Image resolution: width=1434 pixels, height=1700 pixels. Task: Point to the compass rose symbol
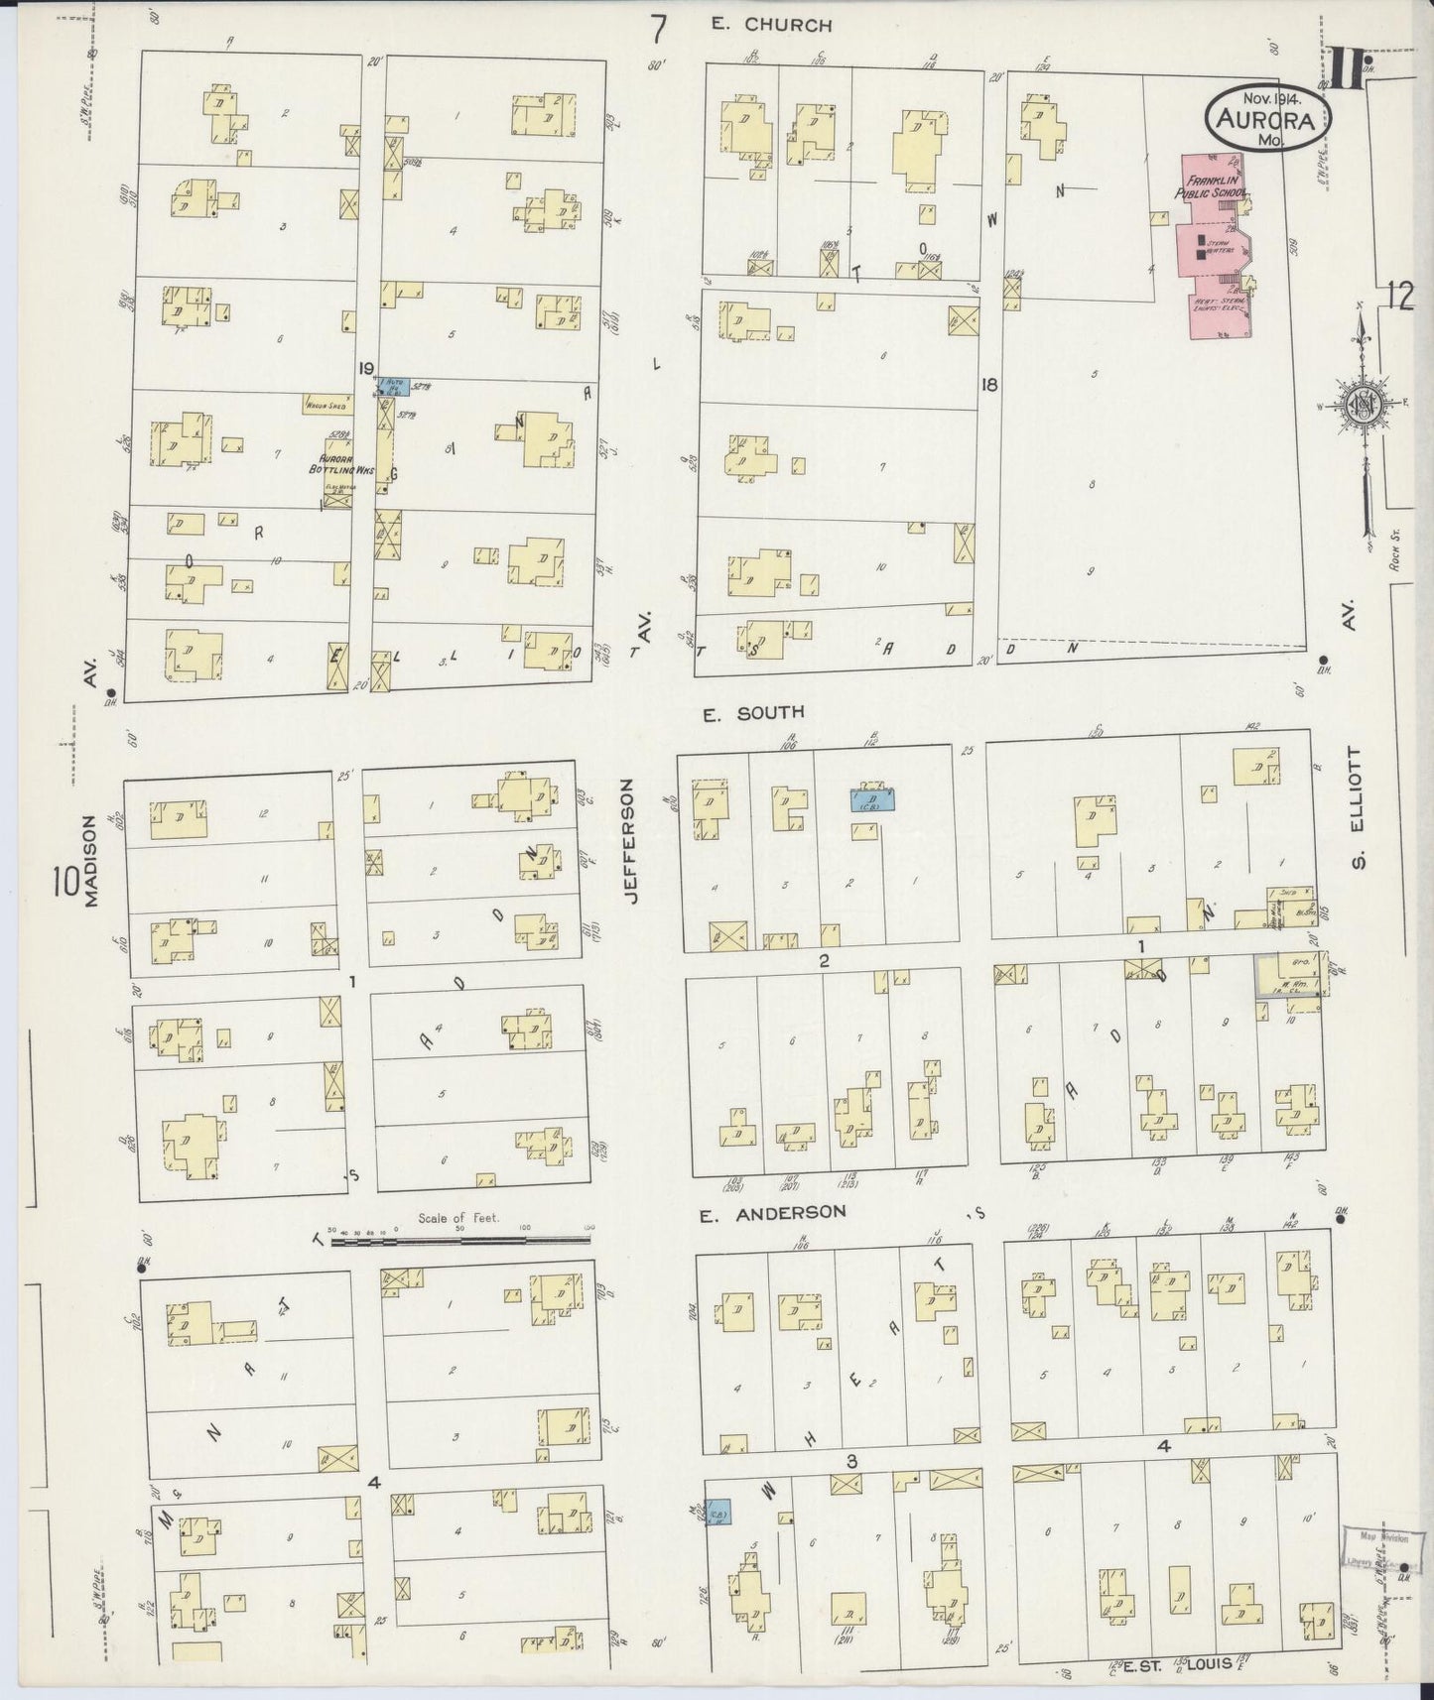(x=1362, y=405)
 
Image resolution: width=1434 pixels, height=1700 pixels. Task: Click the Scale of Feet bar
(x=461, y=1239)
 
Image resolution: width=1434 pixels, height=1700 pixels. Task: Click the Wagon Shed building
(x=330, y=405)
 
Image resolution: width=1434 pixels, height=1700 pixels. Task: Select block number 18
(x=988, y=385)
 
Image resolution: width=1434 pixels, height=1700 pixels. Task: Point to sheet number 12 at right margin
(x=1400, y=296)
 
